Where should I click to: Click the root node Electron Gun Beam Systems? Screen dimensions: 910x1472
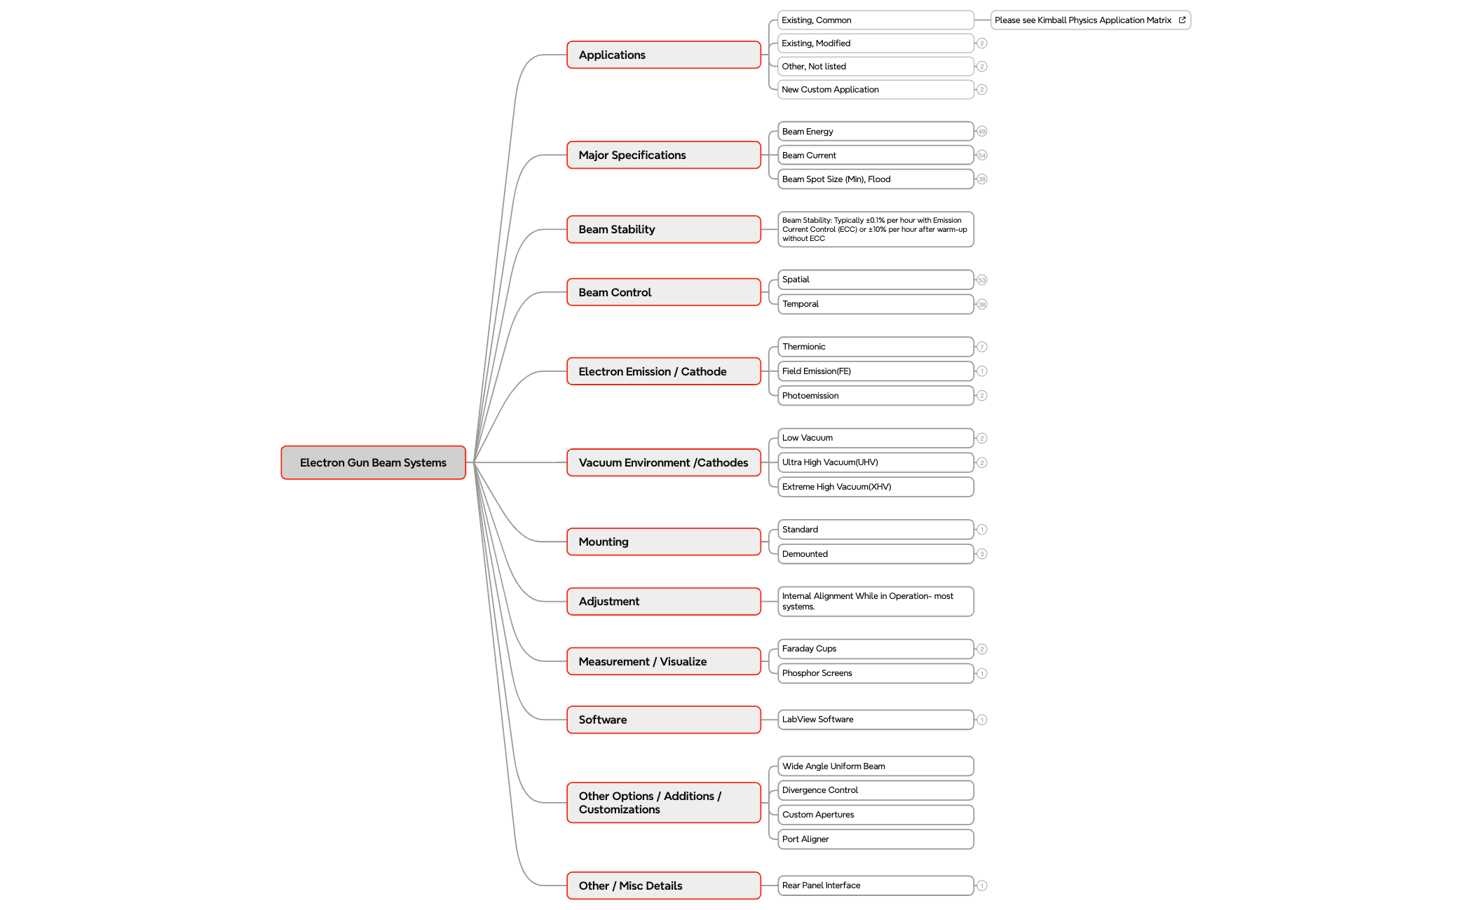(x=373, y=462)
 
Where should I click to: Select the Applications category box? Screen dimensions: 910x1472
(x=663, y=55)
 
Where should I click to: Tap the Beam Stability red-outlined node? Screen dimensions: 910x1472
(x=663, y=229)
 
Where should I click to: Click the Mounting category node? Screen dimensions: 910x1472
(x=663, y=542)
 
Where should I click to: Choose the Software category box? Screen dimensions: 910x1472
(x=663, y=719)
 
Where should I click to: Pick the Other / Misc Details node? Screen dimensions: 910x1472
(x=663, y=885)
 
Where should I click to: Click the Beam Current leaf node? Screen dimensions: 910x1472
(x=875, y=156)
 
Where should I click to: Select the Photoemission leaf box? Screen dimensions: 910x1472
(x=875, y=396)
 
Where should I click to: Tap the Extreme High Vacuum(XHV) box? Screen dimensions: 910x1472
(x=875, y=487)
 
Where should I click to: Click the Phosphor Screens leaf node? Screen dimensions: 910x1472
(x=875, y=673)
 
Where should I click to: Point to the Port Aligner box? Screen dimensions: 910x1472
(x=875, y=839)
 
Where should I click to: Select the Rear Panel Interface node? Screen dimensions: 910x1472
(x=875, y=885)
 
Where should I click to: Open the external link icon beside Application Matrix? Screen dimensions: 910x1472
(x=1183, y=20)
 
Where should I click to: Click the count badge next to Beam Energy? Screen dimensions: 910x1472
(x=982, y=132)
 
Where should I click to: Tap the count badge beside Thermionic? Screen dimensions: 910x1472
(x=982, y=347)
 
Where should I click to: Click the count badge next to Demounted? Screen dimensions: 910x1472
(x=982, y=554)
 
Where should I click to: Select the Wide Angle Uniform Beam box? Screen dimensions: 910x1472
(x=875, y=766)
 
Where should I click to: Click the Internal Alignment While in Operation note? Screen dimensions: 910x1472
(x=875, y=601)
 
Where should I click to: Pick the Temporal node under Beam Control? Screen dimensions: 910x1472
(x=875, y=304)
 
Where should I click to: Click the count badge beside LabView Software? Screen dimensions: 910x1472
(x=982, y=719)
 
